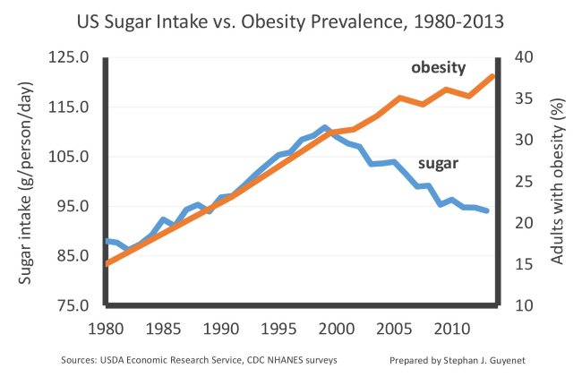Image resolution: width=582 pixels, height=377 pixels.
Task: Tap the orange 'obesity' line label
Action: tap(438, 69)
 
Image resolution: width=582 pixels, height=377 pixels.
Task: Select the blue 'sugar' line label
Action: tap(439, 164)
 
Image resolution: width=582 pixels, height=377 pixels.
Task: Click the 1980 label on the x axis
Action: tap(106, 326)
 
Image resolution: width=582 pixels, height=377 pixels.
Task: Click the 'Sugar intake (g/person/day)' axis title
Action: tap(25, 182)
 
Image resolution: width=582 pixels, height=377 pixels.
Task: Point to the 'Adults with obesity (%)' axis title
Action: tap(558, 182)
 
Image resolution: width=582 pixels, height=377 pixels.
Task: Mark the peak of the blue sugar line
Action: tap(325, 127)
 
